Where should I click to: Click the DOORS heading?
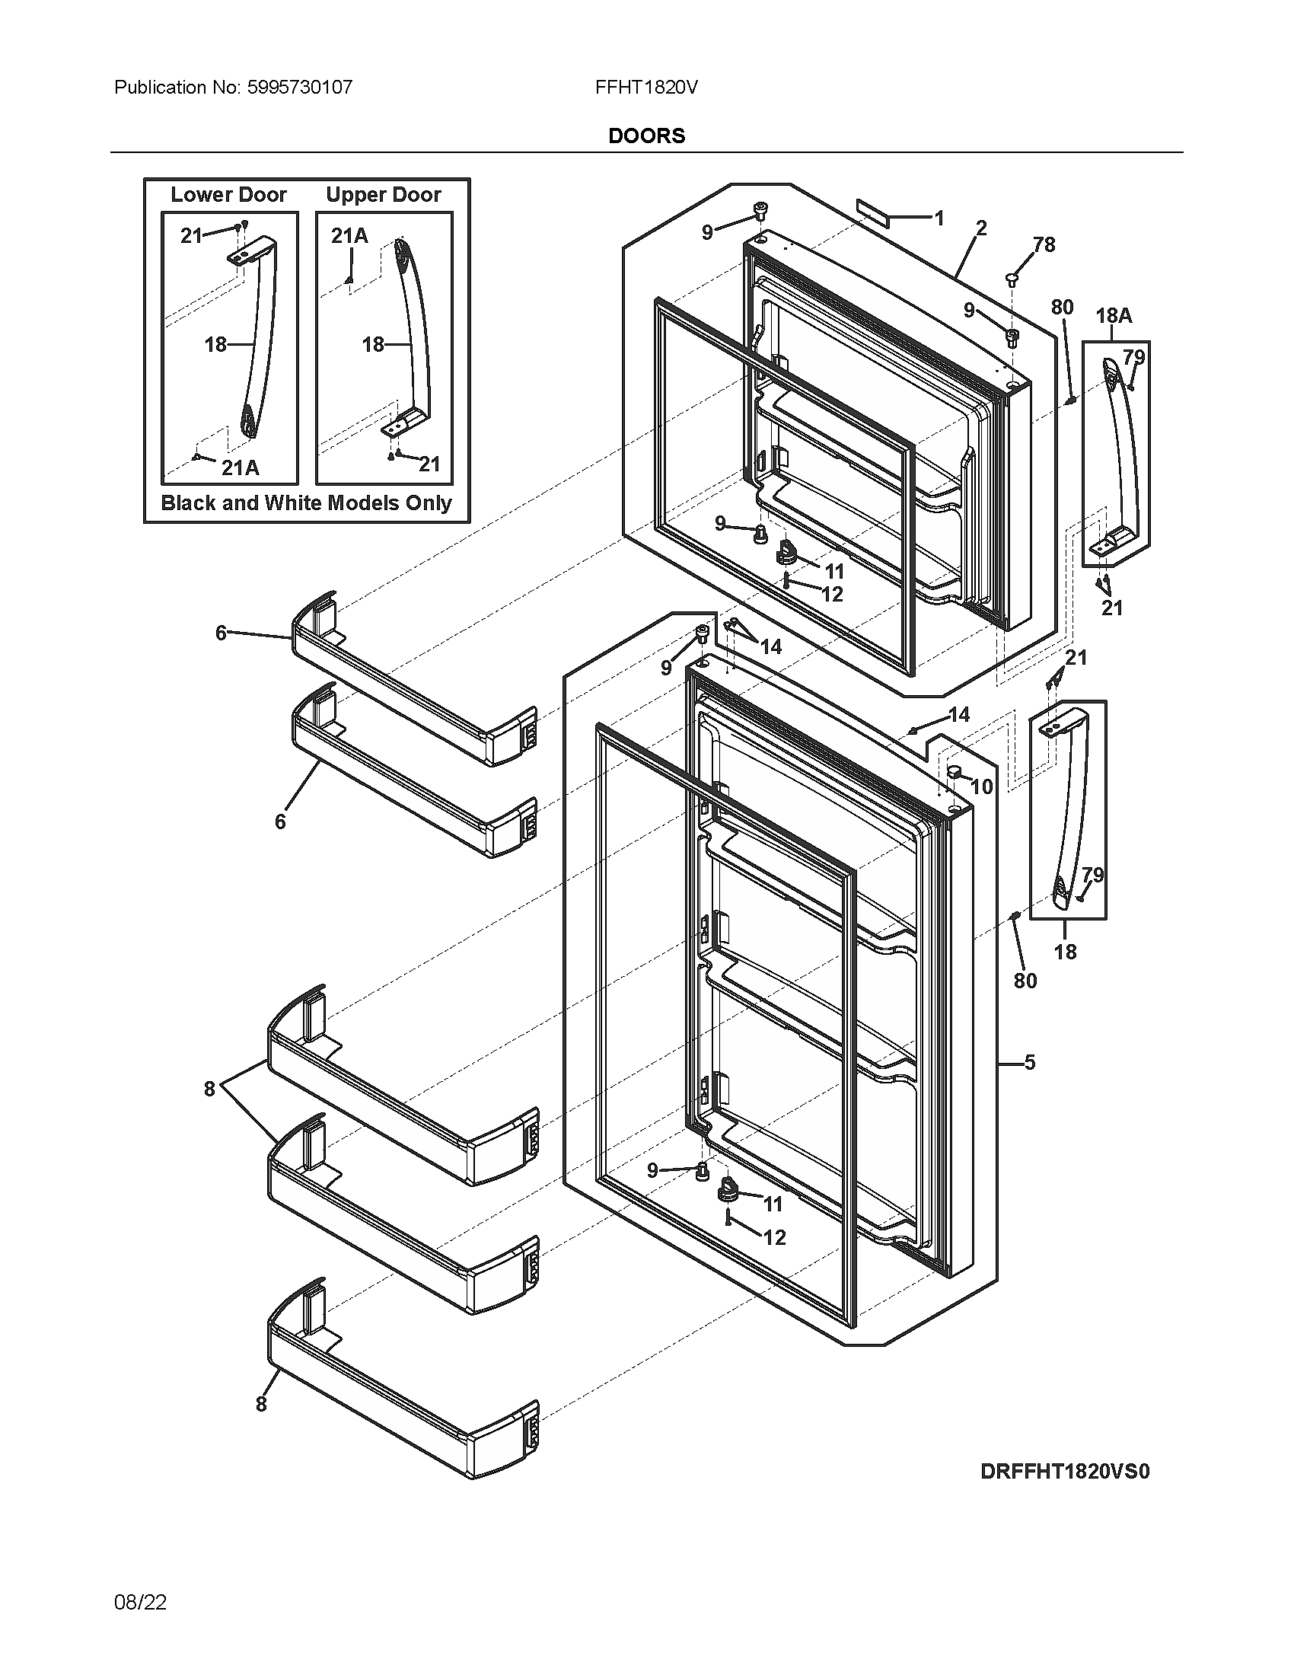[x=646, y=136]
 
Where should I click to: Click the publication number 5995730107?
[x=299, y=88]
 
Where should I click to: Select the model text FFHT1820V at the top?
[x=646, y=88]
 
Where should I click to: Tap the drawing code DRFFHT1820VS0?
[x=1065, y=1471]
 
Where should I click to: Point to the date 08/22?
[x=140, y=1602]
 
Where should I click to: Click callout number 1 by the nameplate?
[x=939, y=219]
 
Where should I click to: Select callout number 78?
[x=1044, y=244]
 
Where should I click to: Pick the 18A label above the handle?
[x=1113, y=316]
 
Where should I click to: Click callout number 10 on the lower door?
[x=982, y=786]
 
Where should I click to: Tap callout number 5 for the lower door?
[x=1030, y=1062]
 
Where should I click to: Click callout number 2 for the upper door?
[x=981, y=228]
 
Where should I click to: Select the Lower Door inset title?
[x=228, y=195]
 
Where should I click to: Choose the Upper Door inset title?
[x=384, y=195]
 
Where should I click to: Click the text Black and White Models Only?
[x=307, y=503]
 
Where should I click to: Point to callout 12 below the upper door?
[x=832, y=594]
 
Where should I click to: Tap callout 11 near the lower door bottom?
[x=773, y=1204]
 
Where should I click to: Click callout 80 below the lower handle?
[x=1025, y=980]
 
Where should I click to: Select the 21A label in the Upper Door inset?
[x=349, y=236]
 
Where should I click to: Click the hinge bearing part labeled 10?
[x=955, y=769]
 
